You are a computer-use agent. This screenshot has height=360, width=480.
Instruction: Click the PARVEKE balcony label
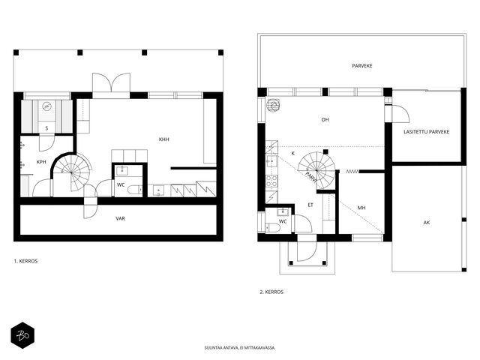(x=361, y=66)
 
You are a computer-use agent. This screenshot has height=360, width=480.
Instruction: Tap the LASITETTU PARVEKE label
(x=427, y=132)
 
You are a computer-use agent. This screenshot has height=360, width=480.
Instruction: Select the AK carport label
(x=427, y=223)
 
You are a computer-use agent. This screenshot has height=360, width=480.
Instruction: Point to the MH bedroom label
(x=361, y=208)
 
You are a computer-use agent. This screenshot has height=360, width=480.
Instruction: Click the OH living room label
(x=325, y=120)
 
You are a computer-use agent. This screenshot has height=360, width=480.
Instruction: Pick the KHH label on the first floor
(x=163, y=139)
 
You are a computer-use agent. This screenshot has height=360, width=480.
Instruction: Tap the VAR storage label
(x=120, y=218)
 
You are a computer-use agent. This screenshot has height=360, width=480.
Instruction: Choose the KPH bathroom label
(x=41, y=162)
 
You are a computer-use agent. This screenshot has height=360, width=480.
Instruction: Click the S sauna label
(x=46, y=128)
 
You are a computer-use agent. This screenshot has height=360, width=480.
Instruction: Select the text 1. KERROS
(x=25, y=261)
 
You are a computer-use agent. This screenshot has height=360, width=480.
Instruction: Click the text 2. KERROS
(x=271, y=292)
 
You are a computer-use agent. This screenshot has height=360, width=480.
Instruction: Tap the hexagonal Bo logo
(x=22, y=335)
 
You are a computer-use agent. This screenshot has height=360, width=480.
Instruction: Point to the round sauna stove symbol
(x=46, y=106)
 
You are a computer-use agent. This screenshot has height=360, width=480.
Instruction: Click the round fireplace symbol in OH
(x=274, y=105)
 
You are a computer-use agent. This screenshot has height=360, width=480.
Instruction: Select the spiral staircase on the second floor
(x=316, y=170)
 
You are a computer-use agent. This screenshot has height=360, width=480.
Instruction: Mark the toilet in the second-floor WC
(x=272, y=228)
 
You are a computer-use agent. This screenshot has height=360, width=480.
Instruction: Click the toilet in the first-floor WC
(x=135, y=190)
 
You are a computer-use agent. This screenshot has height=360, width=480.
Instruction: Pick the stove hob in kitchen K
(x=271, y=181)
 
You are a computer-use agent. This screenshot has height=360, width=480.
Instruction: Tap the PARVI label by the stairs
(x=310, y=177)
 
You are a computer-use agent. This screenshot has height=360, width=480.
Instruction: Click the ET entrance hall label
(x=310, y=205)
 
